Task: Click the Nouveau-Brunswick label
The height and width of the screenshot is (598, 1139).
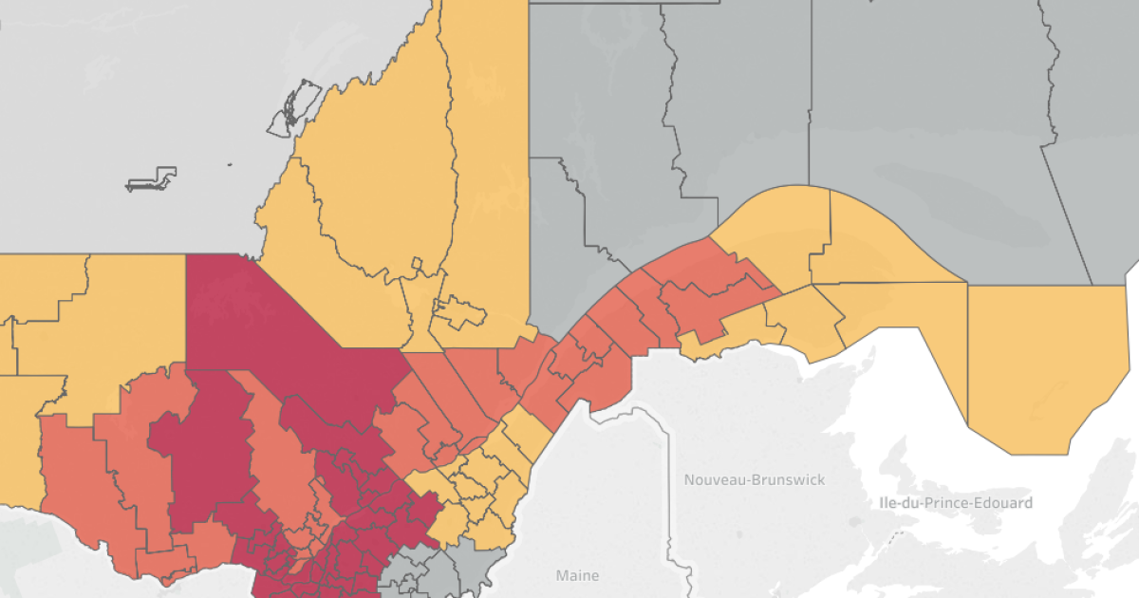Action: point(755,479)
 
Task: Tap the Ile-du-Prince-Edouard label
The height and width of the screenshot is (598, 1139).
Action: point(952,502)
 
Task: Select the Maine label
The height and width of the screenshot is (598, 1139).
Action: point(578,575)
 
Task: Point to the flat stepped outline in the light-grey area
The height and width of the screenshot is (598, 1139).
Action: point(151,179)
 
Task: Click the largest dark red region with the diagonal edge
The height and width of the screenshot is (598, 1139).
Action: point(285,323)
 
